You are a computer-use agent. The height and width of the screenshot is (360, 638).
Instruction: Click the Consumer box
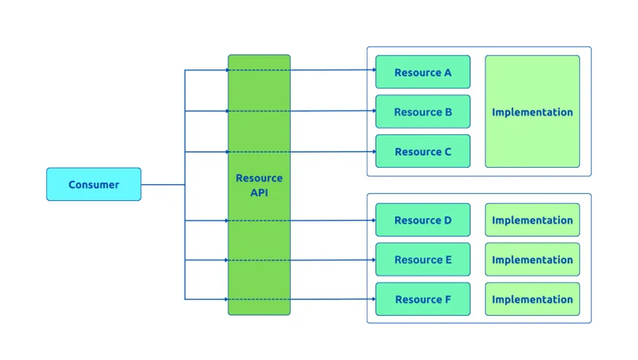click(x=93, y=184)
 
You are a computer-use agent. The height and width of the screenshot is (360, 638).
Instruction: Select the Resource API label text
click(x=259, y=185)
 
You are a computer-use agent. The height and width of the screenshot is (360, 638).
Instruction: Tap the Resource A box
click(x=422, y=72)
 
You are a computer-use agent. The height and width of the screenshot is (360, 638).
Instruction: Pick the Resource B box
click(x=422, y=112)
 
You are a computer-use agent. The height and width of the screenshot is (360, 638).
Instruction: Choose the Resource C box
click(x=422, y=152)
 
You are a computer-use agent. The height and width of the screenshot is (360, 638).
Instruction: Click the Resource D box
click(x=422, y=220)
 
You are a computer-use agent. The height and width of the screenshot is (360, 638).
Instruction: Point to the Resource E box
click(x=422, y=260)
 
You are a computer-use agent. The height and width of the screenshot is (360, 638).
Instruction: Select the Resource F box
click(x=422, y=299)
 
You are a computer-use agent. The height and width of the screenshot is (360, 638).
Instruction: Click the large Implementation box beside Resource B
click(x=532, y=112)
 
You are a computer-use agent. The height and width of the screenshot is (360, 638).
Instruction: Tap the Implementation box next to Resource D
click(x=532, y=220)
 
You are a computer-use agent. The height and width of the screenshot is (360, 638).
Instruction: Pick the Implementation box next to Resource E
click(x=532, y=260)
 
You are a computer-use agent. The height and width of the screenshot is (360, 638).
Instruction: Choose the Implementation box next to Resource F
click(x=532, y=299)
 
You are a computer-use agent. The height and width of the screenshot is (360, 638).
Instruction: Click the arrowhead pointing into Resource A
click(x=373, y=70)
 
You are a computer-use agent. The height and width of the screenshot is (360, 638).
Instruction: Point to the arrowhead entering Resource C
click(x=373, y=152)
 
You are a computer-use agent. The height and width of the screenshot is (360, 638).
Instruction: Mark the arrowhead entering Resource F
click(x=373, y=299)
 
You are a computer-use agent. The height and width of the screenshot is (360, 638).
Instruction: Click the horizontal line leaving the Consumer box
click(x=163, y=184)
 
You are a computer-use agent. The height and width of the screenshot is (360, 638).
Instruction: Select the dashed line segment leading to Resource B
click(x=259, y=111)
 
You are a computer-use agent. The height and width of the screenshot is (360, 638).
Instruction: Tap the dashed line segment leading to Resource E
click(x=259, y=260)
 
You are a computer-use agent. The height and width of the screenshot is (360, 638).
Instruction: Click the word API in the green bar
click(x=259, y=193)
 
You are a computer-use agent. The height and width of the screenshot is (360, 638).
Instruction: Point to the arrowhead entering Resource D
click(x=373, y=220)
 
